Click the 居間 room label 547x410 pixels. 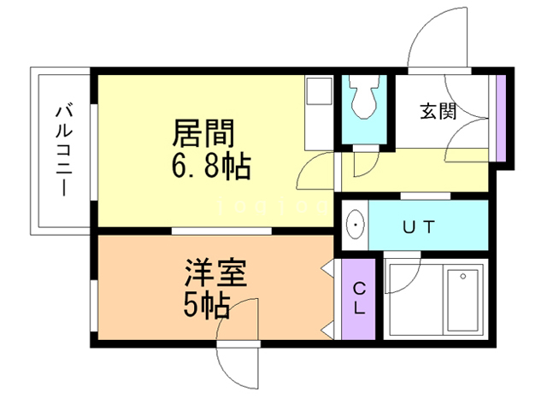pyautogui.click(x=203, y=133)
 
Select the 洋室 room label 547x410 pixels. pyautogui.click(x=215, y=275)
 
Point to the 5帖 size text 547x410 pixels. pyautogui.click(x=205, y=305)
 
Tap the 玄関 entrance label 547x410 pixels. pyautogui.click(x=438, y=111)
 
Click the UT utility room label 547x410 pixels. pyautogui.click(x=420, y=226)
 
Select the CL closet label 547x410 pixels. pyautogui.click(x=360, y=298)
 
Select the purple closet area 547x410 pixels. pyautogui.click(x=359, y=298)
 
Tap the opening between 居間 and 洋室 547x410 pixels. pyautogui.click(x=221, y=231)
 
